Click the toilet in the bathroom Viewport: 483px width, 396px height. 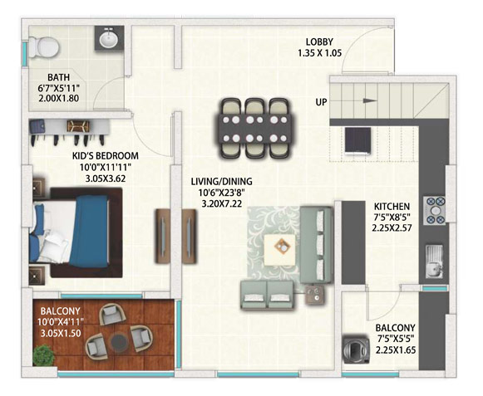tap(44, 47)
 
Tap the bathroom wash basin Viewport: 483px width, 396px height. tap(109, 38)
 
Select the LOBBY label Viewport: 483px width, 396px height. tap(319, 42)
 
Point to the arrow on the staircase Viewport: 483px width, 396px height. tap(370, 100)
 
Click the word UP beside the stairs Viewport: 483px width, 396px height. tap(321, 102)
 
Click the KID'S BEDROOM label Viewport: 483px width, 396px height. tap(106, 156)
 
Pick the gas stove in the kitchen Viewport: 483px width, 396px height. tap(436, 211)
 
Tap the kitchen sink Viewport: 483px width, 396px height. tap(434, 262)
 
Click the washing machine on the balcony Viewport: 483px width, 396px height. tap(357, 350)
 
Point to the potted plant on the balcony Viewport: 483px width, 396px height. tap(44, 355)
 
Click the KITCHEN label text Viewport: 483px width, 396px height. tap(392, 206)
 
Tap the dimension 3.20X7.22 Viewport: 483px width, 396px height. tap(221, 203)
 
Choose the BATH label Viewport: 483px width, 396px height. tap(58, 77)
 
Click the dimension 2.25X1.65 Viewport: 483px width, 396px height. tap(396, 350)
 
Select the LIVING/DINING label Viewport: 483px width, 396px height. tap(221, 182)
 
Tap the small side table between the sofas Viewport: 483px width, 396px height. tap(315, 295)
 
